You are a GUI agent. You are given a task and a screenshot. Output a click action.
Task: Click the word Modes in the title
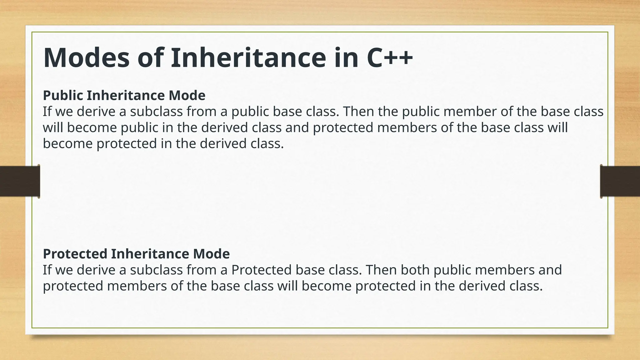tap(86, 58)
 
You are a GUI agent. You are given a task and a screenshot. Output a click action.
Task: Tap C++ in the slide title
tap(389, 58)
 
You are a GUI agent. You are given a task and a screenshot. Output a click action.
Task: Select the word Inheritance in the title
tap(248, 58)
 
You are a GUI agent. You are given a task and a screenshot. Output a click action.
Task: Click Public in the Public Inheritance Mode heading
tap(63, 95)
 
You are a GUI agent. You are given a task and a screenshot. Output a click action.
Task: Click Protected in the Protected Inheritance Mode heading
tap(75, 254)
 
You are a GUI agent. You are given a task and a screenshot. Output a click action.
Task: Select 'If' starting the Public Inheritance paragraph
tap(47, 112)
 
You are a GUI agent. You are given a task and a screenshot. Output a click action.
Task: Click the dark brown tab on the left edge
tap(20, 181)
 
